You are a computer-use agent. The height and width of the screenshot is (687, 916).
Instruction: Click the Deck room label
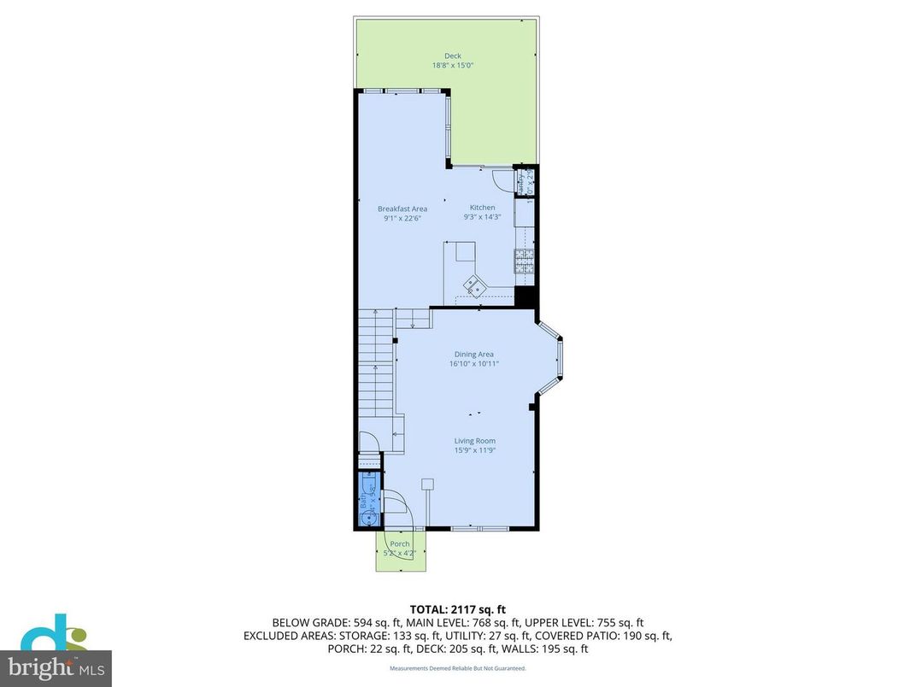point(452,56)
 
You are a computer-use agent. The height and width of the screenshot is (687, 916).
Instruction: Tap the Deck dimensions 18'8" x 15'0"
point(452,65)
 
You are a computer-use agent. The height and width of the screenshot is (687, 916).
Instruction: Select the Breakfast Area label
point(402,208)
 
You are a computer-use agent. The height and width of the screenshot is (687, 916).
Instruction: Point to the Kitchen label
point(482,208)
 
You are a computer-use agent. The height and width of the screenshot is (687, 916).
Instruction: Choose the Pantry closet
point(525,183)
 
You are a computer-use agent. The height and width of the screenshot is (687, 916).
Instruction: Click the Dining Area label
point(473,355)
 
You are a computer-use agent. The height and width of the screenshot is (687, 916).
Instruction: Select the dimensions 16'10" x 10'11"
point(473,363)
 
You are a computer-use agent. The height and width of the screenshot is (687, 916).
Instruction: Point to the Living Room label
point(474,441)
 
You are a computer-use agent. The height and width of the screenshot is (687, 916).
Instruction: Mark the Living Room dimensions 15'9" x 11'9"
point(474,449)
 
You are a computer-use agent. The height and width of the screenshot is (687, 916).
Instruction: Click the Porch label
point(399,543)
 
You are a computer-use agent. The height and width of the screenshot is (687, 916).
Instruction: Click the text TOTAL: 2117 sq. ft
point(457,608)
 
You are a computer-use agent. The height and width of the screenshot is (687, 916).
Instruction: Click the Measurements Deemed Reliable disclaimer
point(457,668)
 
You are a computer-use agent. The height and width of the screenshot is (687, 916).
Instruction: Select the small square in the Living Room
point(427,484)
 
